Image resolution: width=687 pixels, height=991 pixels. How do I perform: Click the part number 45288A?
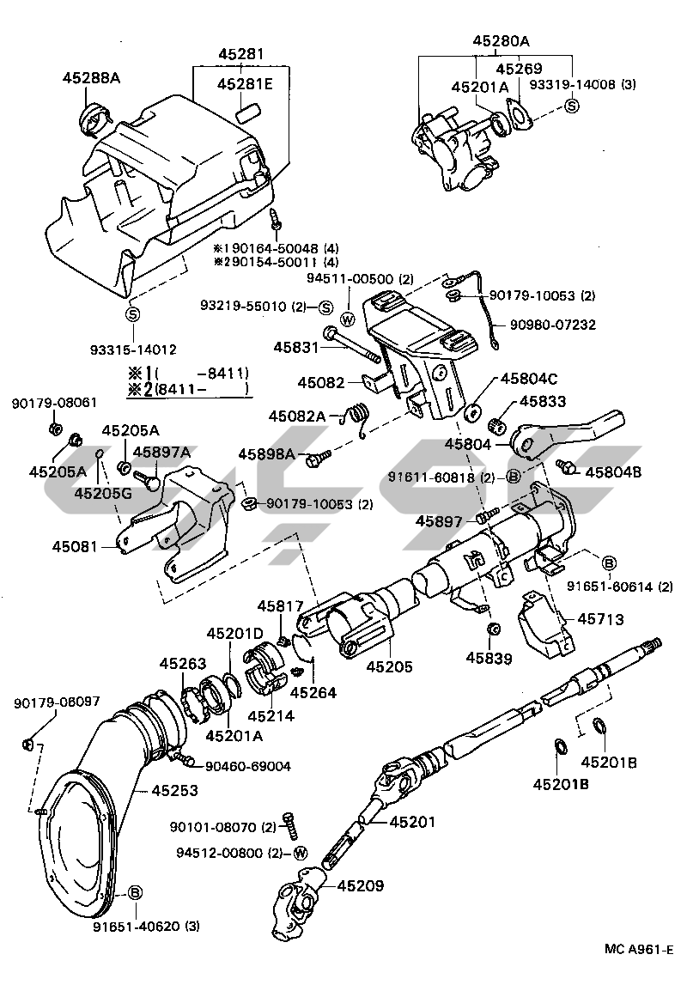pyautogui.click(x=91, y=78)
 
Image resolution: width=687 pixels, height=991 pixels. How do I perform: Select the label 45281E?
pyautogui.click(x=245, y=84)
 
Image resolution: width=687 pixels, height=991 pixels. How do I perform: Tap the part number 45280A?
pyautogui.click(x=501, y=40)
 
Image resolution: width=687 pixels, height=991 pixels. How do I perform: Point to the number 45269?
pyautogui.click(x=519, y=68)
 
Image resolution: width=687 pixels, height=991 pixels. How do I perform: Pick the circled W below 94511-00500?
pyautogui.click(x=348, y=319)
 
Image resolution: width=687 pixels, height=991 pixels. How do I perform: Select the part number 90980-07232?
pyautogui.click(x=552, y=325)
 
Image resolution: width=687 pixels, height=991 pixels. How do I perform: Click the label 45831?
pyautogui.click(x=296, y=348)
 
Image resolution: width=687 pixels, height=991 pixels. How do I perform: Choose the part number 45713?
pyautogui.click(x=600, y=618)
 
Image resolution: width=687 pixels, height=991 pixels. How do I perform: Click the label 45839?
pyautogui.click(x=489, y=659)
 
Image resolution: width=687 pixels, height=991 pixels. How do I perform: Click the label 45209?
pyautogui.click(x=361, y=885)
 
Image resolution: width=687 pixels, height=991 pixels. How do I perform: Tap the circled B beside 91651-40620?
pyautogui.click(x=134, y=893)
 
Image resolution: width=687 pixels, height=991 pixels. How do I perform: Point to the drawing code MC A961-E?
pyautogui.click(x=638, y=950)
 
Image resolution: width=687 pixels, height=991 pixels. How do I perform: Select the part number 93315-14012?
pyautogui.click(x=133, y=350)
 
